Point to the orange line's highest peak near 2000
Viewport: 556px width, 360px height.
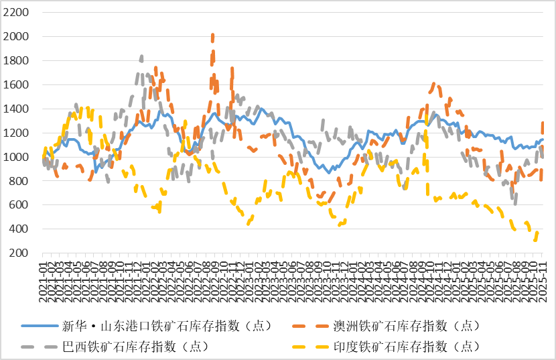pos(213,36)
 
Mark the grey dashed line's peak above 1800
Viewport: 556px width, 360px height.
pos(141,57)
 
